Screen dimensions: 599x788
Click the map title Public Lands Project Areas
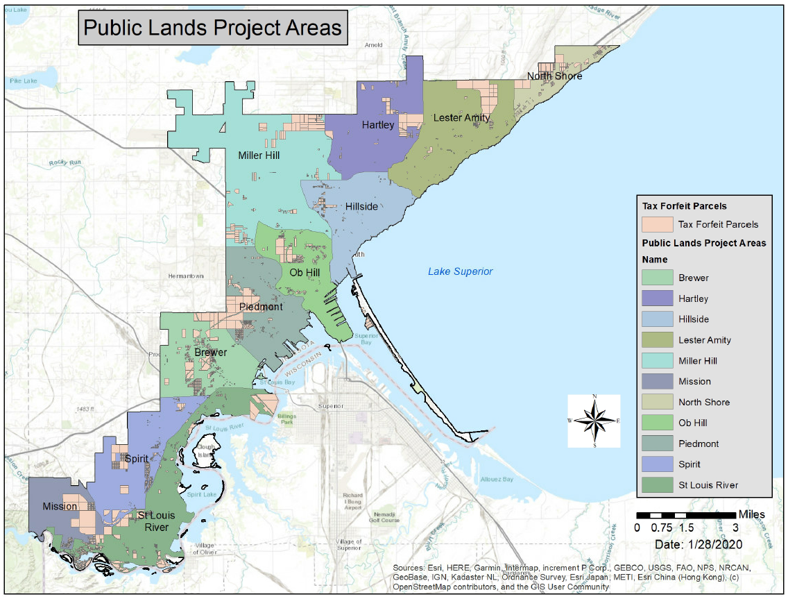point(213,27)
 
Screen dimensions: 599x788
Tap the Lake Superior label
point(460,271)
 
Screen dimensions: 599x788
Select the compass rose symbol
point(594,421)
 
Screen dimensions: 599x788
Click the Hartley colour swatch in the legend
point(657,298)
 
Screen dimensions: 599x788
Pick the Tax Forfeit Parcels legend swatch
point(657,224)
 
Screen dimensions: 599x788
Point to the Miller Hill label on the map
point(259,155)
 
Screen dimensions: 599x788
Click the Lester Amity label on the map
point(461,118)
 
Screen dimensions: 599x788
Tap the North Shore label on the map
point(554,76)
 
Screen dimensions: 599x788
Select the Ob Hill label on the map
point(305,273)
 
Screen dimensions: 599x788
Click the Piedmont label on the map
point(261,307)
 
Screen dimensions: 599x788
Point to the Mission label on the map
point(60,507)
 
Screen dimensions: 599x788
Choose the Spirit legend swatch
point(657,464)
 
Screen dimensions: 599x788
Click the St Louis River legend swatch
point(657,485)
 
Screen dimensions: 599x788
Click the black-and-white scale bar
point(686,515)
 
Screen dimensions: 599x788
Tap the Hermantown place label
point(186,276)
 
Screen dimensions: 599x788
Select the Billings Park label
point(286,419)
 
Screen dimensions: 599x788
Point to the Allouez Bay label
point(497,480)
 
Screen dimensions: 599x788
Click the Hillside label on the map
point(361,207)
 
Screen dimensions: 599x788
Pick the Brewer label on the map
point(210,353)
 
